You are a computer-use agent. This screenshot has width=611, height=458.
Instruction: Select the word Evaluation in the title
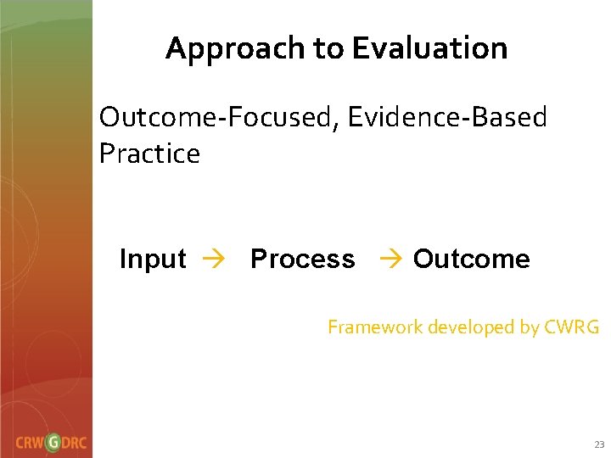coord(429,49)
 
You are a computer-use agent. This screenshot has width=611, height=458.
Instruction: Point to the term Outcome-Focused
coord(217,118)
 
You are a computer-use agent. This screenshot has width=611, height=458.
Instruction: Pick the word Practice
coord(149,154)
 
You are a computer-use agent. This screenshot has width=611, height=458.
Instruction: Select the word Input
coord(153,259)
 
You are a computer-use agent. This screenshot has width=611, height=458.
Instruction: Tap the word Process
coord(303,259)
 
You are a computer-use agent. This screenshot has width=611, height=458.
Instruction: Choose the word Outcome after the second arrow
coord(472,259)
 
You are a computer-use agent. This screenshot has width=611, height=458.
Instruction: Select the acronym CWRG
coord(570,327)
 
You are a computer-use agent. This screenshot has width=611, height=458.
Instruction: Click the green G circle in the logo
coord(53,442)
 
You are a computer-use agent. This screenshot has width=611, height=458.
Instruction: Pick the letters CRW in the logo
coord(30,443)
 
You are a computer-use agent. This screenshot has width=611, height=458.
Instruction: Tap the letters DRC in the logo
coord(76,443)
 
